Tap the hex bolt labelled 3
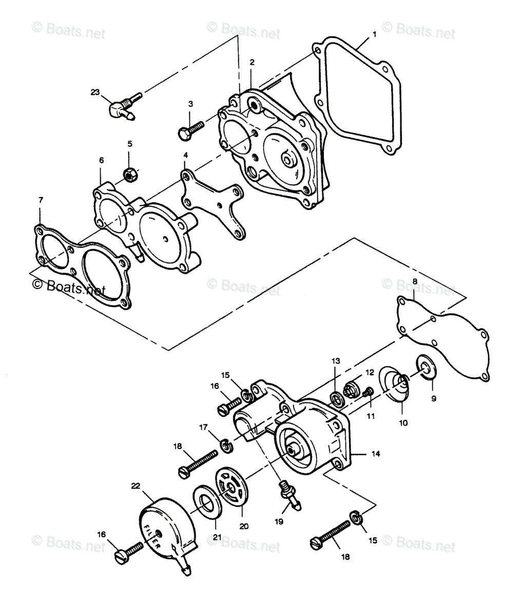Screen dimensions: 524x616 [x=191, y=131]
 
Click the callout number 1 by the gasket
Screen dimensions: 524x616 [x=375, y=34]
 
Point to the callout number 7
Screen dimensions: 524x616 [x=41, y=200]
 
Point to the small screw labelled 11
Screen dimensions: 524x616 [x=368, y=392]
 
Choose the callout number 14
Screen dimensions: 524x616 [x=376, y=454]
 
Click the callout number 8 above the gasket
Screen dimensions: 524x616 [x=415, y=281]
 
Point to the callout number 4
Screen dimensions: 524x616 [x=186, y=155]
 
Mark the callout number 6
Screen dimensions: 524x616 [x=102, y=160]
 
